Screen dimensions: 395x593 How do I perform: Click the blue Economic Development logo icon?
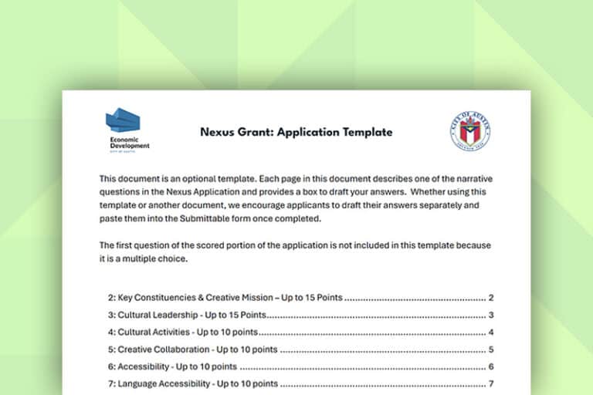[123, 123]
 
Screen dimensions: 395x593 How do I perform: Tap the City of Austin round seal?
[469, 132]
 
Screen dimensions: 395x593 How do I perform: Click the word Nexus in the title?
[217, 132]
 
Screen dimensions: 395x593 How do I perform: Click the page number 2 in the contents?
[490, 298]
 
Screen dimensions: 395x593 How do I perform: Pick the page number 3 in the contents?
[490, 315]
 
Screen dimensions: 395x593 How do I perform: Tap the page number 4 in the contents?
[490, 333]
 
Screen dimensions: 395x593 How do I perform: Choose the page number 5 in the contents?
[490, 349]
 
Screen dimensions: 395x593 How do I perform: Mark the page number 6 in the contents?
[490, 366]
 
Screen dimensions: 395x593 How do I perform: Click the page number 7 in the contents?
[490, 384]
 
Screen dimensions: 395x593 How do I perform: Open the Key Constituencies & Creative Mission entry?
[225, 298]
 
